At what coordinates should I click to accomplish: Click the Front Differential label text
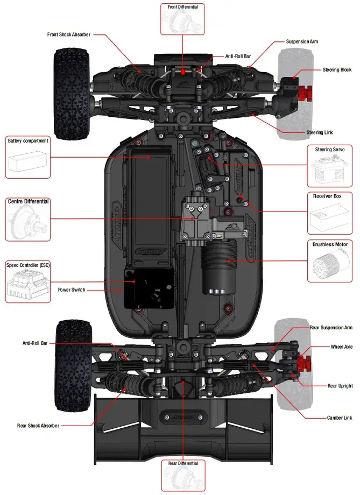182,7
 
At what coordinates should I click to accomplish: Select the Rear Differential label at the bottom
183,463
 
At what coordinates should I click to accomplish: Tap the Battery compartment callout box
28,157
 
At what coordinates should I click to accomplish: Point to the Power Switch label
72,290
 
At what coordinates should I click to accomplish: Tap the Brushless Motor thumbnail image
330,264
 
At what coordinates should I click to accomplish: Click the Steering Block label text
337,70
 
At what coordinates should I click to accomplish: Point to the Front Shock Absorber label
69,34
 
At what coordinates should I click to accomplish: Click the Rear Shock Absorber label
38,426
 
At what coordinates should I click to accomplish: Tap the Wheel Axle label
341,347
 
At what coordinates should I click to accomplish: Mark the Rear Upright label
340,386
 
